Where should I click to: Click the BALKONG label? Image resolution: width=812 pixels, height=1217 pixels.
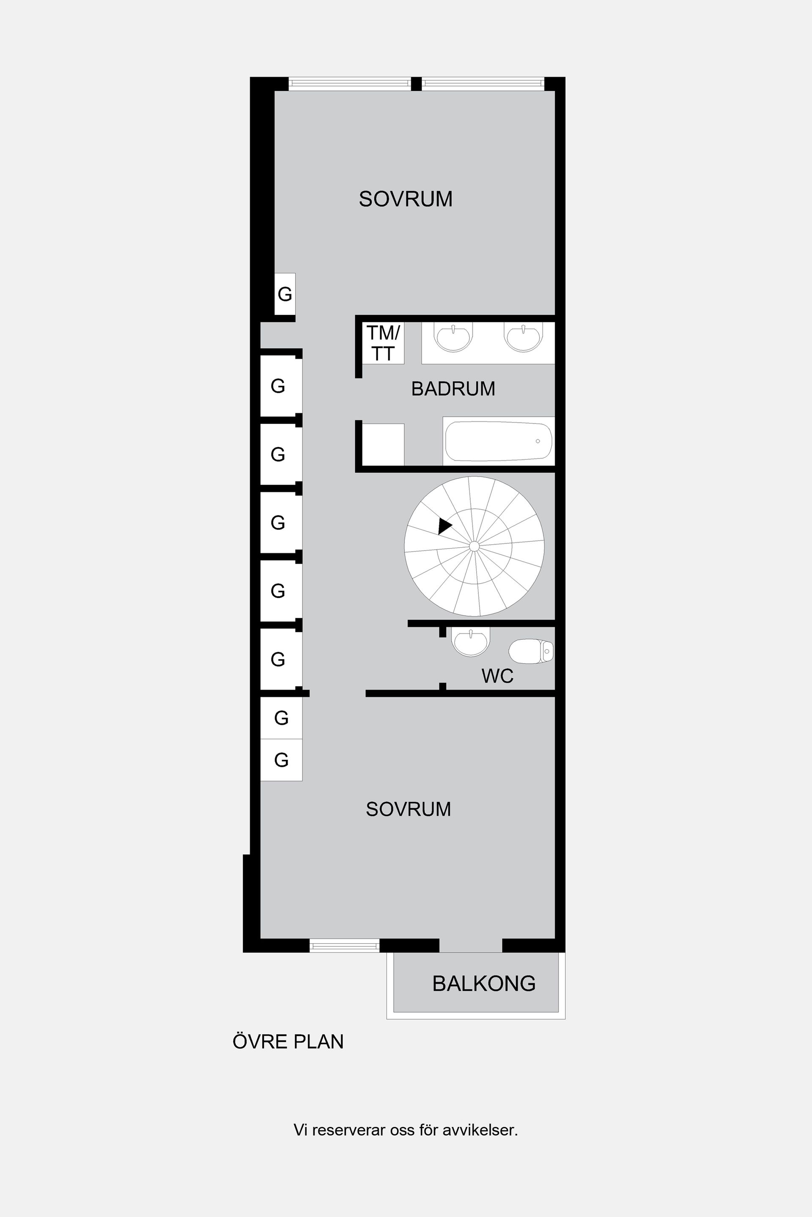(484, 984)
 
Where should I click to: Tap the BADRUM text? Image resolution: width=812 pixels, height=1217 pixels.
(453, 389)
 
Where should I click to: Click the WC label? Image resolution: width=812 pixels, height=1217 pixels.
(497, 676)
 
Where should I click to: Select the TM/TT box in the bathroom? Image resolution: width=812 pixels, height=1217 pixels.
(383, 343)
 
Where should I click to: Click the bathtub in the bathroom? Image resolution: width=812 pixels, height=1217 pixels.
(498, 441)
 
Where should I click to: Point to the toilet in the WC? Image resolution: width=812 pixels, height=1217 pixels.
(531, 651)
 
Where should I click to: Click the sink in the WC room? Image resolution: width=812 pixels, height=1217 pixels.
(470, 642)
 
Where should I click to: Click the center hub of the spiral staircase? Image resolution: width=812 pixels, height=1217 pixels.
(474, 546)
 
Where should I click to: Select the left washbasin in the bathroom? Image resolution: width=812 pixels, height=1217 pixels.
(453, 337)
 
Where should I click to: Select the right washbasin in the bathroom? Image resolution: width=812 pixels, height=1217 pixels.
(523, 337)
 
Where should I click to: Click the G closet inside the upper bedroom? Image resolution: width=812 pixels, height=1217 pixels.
(285, 294)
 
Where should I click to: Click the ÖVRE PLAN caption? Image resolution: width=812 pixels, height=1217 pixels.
(288, 1042)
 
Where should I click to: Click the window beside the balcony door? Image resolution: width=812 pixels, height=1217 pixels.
(344, 946)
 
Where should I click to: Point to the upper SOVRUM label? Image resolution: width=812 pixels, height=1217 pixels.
(406, 199)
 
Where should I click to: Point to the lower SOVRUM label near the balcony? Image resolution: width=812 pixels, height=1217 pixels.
(408, 809)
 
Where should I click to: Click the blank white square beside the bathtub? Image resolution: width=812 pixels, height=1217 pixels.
(383, 444)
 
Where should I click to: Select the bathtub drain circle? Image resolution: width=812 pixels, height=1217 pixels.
(538, 441)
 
